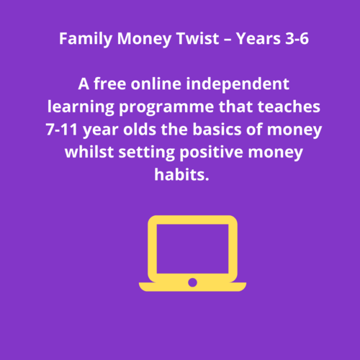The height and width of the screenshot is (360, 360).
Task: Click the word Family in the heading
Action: coord(86,39)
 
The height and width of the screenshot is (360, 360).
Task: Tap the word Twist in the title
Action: coord(198,38)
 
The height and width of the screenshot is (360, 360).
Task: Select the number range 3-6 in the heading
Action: coord(297,38)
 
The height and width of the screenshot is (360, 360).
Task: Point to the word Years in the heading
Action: coord(258,38)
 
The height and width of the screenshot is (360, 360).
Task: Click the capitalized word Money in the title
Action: coord(145,39)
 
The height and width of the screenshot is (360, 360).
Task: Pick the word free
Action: coord(109,84)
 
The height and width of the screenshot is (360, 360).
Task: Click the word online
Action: coord(156,84)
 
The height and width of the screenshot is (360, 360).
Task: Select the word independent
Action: coord(238,84)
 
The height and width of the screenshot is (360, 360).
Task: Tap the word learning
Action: coord(81,107)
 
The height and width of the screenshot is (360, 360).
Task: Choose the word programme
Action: coord(166,107)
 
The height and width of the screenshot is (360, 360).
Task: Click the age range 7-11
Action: coord(62,130)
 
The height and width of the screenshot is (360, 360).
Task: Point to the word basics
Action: coord(217,129)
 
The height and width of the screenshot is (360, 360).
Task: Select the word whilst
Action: coord(89,152)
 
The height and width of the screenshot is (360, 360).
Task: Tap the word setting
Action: coord(147,153)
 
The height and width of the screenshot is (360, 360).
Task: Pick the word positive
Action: coord(212,153)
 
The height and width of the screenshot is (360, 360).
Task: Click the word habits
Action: coord(181,174)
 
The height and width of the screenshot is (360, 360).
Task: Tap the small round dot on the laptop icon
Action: coord(192,282)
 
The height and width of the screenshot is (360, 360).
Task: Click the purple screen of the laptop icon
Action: coord(192,249)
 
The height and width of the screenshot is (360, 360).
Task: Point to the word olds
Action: coord(140,129)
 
